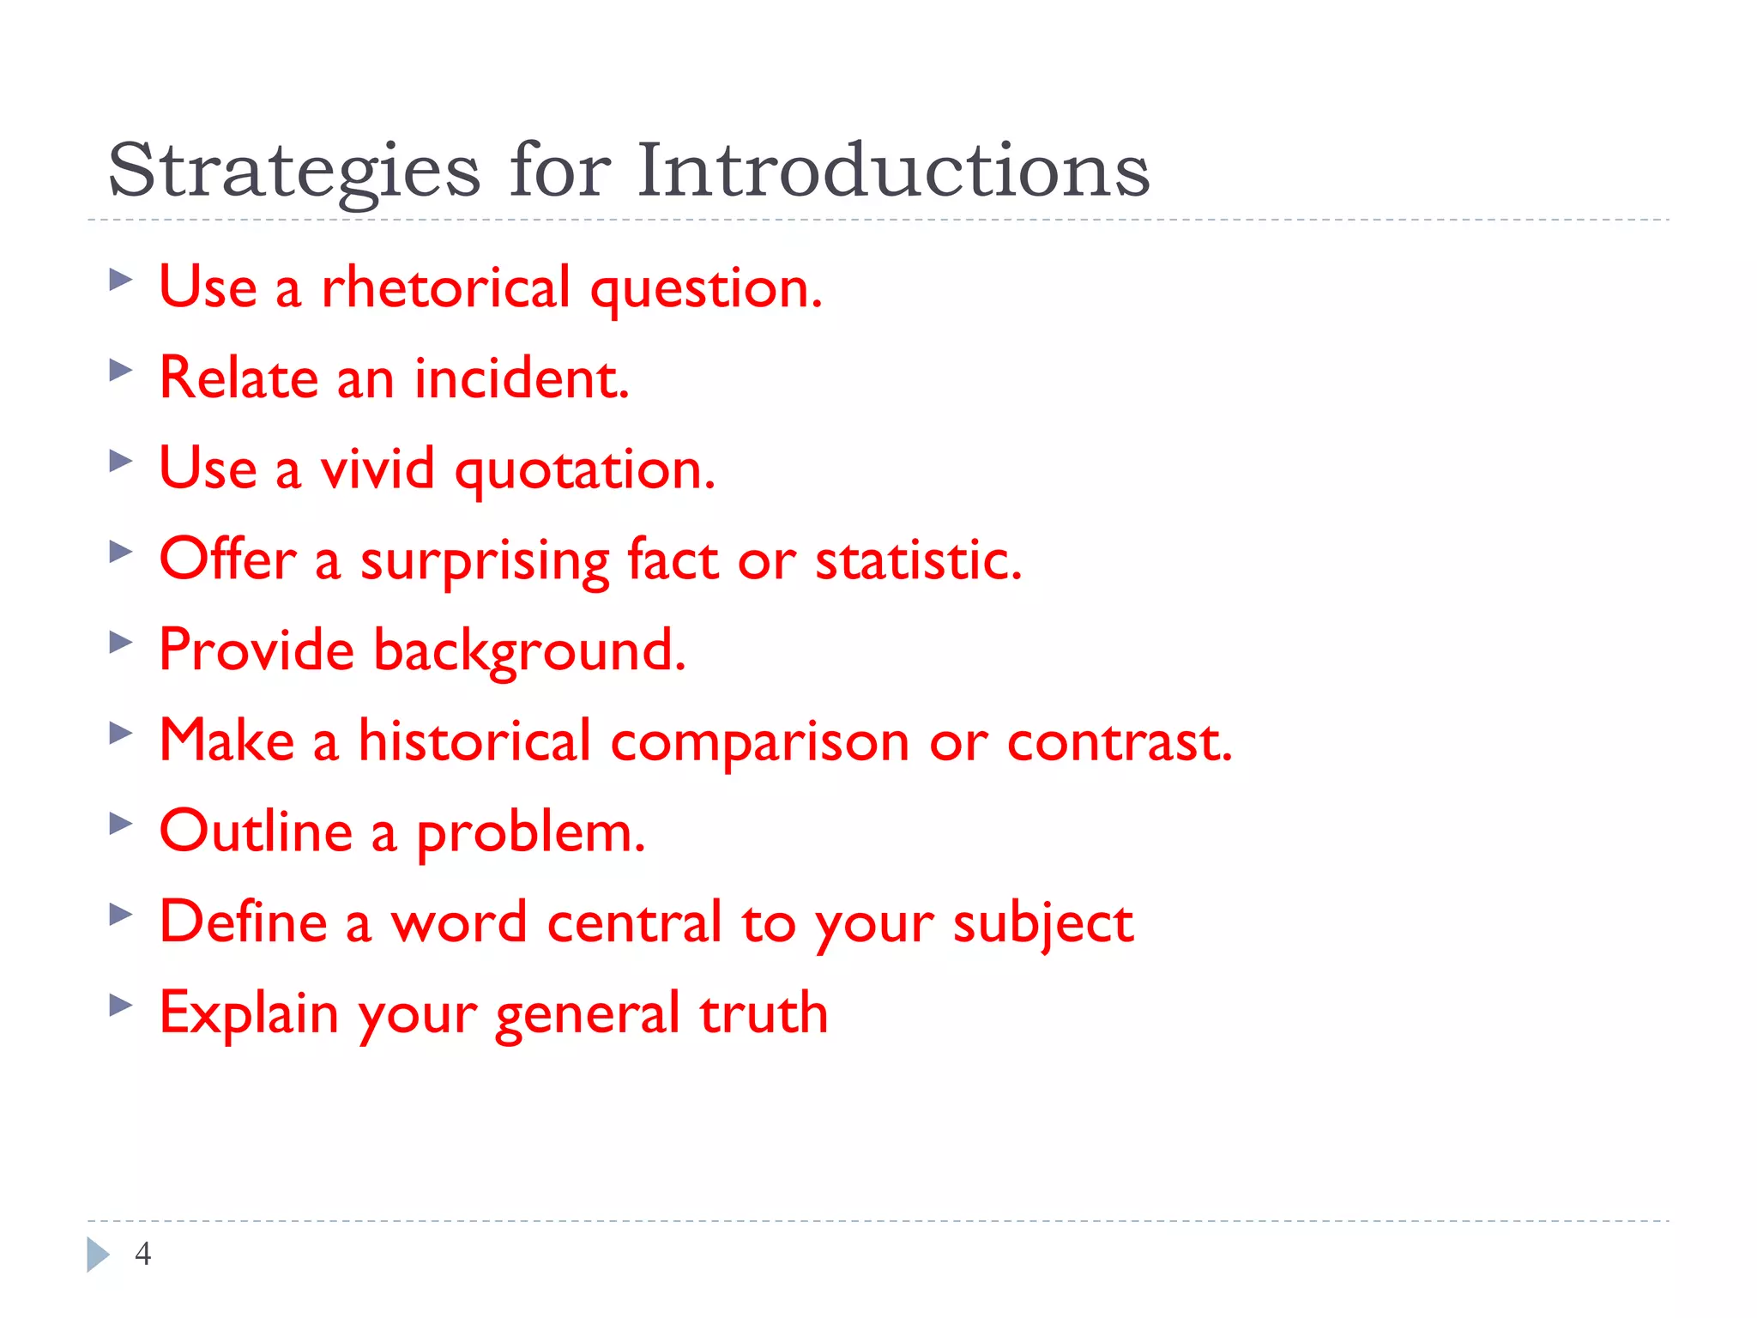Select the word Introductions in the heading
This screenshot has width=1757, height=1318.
pos(892,170)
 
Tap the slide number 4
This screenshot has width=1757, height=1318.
pos(143,1254)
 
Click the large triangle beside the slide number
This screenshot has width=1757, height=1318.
pos(98,1255)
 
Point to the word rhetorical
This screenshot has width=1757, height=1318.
pos(445,287)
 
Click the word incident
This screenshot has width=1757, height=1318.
pos(522,378)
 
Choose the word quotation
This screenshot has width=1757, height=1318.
pos(585,470)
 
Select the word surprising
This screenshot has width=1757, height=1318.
pos(484,562)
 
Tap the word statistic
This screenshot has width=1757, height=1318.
pos(918,560)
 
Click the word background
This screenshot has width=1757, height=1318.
pos(529,651)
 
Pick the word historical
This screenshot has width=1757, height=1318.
pos(474,741)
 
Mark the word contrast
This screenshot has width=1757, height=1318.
pos(1119,741)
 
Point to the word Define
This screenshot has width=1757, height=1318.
pos(244,922)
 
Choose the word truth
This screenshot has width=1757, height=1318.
pos(764,1013)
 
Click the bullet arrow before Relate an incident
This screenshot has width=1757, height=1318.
pos(121,371)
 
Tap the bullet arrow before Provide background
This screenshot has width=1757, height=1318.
pos(121,642)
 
